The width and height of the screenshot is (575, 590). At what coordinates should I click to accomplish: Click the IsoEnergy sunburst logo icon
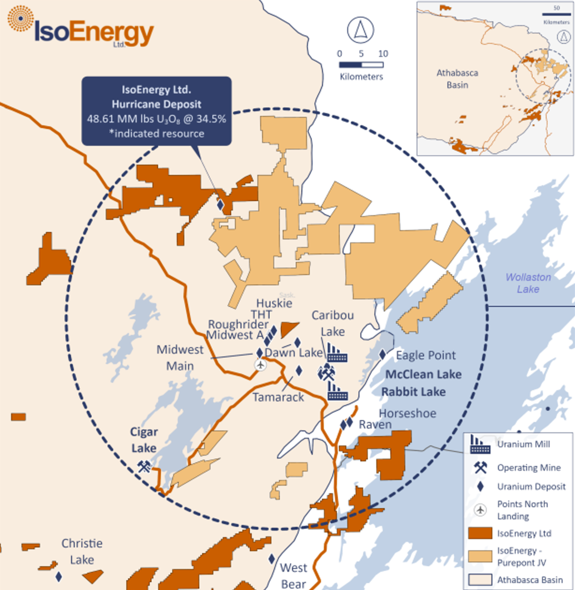click(21, 21)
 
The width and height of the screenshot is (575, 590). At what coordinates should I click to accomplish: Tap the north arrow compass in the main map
click(360, 30)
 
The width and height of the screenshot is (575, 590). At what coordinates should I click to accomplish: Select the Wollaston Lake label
click(528, 283)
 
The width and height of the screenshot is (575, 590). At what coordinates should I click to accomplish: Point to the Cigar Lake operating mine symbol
click(145, 465)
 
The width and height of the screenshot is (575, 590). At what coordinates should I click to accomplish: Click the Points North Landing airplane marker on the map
click(260, 365)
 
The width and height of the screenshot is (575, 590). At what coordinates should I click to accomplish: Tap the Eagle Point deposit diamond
click(383, 354)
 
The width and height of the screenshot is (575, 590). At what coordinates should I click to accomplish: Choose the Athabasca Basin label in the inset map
click(457, 79)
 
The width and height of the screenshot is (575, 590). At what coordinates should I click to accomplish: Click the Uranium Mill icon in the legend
click(479, 444)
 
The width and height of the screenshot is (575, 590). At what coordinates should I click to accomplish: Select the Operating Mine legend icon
click(480, 468)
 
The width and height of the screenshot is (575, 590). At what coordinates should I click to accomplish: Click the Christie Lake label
click(82, 551)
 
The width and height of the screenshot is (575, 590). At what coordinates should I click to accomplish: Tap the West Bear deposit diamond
click(272, 558)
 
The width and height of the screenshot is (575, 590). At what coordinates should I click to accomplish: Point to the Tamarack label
click(278, 397)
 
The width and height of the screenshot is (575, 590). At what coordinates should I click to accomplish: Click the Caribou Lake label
click(333, 323)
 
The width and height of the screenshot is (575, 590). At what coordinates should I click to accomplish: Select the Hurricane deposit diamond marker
click(221, 205)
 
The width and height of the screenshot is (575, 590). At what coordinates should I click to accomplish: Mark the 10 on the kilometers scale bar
click(383, 54)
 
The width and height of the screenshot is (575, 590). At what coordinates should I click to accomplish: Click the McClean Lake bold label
click(423, 374)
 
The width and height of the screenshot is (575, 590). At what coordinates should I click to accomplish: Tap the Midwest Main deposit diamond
click(259, 353)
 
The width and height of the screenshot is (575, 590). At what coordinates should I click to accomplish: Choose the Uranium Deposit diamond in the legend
click(480, 486)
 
